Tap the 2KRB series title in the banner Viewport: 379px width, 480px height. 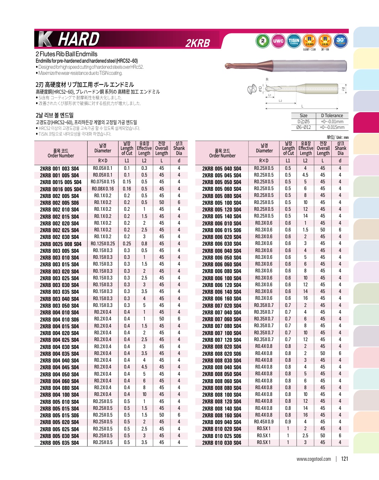[198, 43]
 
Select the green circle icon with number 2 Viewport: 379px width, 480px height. [263, 41]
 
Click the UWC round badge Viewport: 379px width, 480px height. [278, 41]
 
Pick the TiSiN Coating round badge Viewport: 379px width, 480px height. [294, 41]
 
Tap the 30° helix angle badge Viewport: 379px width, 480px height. [341, 41]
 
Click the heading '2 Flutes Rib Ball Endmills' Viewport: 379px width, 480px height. [67, 54]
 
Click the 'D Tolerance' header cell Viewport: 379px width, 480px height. [332, 115]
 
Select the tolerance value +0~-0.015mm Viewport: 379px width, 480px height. [332, 127]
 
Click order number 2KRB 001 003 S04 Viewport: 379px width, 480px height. [59, 168]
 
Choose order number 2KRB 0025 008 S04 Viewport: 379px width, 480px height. [60, 244]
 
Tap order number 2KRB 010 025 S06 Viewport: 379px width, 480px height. [222, 436]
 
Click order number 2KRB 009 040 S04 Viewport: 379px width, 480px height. [222, 422]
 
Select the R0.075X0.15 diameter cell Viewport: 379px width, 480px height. [103, 182]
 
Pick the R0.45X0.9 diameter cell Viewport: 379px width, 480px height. [264, 422]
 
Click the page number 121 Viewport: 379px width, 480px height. [344, 459]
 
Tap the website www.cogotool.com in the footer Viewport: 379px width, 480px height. [314, 459]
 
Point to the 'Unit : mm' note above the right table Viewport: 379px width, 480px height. [338, 137]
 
